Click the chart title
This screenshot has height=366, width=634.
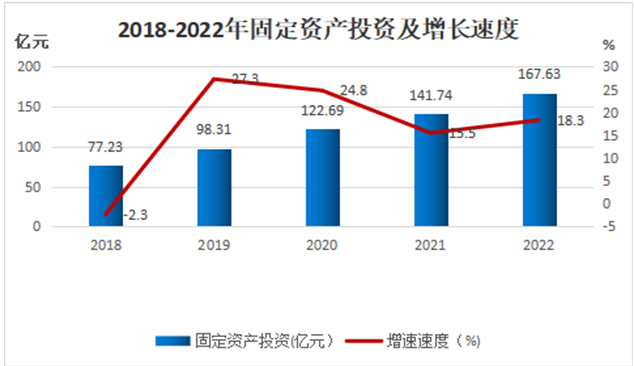[x=318, y=29]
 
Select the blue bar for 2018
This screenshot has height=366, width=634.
[x=106, y=196]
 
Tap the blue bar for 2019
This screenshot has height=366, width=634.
[x=214, y=188]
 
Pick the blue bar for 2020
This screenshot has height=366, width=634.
[x=323, y=178]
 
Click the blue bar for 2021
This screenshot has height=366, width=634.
[x=431, y=170]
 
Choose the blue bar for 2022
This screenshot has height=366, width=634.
[x=539, y=160]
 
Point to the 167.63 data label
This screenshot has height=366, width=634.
[x=539, y=74]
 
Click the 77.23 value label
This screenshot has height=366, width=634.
[x=105, y=147]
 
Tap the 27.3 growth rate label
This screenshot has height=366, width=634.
[x=245, y=78]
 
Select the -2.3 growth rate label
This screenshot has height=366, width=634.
[x=135, y=215]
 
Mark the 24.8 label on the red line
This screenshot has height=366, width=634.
[x=353, y=90]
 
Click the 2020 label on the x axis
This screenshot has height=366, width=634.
[x=322, y=245]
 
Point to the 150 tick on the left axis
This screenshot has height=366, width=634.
[x=29, y=107]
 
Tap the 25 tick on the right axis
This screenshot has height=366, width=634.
[x=611, y=90]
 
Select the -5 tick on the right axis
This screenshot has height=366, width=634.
[x=609, y=226]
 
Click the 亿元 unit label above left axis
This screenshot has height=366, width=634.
[x=32, y=42]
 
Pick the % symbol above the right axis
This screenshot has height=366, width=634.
[x=609, y=45]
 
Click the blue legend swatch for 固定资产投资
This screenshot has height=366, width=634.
[x=173, y=341]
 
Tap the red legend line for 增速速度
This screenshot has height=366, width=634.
[x=363, y=341]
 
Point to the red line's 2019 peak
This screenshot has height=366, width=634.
[x=214, y=79]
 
